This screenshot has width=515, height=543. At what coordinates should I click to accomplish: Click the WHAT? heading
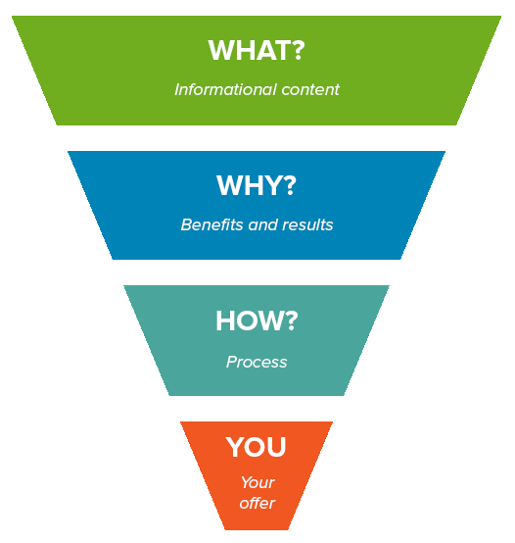(257, 50)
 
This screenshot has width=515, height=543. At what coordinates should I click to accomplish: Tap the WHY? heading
(257, 185)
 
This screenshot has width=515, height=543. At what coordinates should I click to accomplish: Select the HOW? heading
(257, 321)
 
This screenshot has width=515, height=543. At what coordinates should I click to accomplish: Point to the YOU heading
(257, 446)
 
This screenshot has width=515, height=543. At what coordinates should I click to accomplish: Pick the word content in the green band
(310, 90)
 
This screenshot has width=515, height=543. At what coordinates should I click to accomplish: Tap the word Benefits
(211, 224)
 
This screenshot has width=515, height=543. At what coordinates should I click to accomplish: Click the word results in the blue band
(307, 224)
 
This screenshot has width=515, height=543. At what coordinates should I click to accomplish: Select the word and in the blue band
(262, 224)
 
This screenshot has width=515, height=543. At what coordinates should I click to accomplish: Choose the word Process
(257, 363)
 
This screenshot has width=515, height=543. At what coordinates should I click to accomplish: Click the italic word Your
(257, 482)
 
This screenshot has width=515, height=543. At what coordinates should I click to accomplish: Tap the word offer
(257, 503)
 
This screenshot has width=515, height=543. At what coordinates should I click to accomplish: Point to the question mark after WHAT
(297, 50)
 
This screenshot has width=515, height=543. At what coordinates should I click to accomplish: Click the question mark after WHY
(289, 185)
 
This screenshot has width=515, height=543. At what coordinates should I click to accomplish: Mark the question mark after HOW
(290, 321)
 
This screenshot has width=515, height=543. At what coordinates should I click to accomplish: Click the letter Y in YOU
(235, 446)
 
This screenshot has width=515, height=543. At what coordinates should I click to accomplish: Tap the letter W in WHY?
(229, 185)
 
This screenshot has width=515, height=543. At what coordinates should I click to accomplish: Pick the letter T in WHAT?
(279, 50)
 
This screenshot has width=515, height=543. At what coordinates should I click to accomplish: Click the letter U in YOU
(277, 447)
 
